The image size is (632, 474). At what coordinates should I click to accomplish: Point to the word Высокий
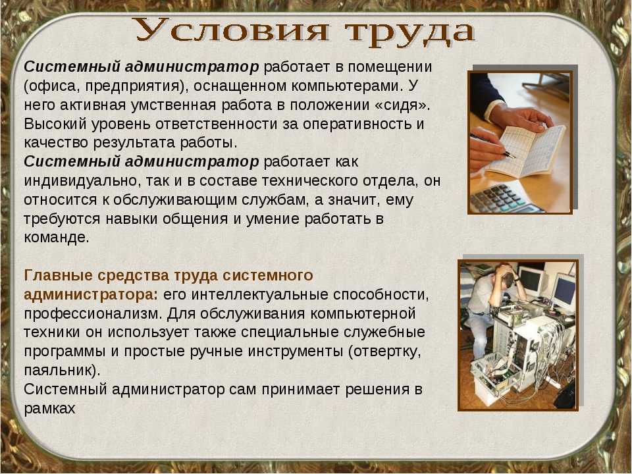pyautogui.click(x=55, y=124)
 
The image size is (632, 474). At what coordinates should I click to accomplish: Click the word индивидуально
pyautogui.click(x=80, y=180)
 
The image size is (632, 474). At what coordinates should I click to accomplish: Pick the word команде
pyautogui.click(x=57, y=237)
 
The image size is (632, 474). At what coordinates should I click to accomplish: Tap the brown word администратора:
pyautogui.click(x=91, y=295)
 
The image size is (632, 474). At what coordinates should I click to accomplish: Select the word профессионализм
pyautogui.click(x=93, y=314)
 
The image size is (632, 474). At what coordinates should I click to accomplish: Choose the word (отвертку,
pyautogui.click(x=385, y=352)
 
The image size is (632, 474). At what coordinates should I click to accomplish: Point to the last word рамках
pyautogui.click(x=49, y=408)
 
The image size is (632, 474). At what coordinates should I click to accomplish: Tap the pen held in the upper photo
pyautogui.click(x=492, y=146)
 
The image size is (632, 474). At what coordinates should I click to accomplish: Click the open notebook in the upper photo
pyautogui.click(x=524, y=150)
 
